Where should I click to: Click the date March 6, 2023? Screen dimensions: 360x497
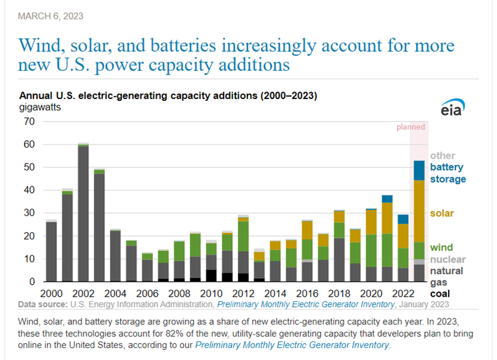click(x=50, y=16)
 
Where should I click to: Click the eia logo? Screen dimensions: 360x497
click(x=451, y=109)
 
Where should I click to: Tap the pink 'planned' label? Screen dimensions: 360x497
click(x=411, y=127)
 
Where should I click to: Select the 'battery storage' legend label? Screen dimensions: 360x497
click(x=447, y=173)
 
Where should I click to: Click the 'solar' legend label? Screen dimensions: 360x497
click(x=442, y=213)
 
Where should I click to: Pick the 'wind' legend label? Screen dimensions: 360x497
click(x=441, y=248)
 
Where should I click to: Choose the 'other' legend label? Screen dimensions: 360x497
click(x=442, y=156)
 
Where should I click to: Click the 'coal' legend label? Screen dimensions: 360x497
click(x=441, y=294)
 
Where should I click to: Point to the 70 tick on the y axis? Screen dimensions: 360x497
click(x=29, y=122)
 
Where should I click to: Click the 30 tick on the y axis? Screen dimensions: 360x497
click(x=29, y=213)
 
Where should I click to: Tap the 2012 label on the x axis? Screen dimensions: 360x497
click(x=244, y=293)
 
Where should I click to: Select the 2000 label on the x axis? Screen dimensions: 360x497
click(x=51, y=293)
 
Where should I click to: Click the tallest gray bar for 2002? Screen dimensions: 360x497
click(x=84, y=213)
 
